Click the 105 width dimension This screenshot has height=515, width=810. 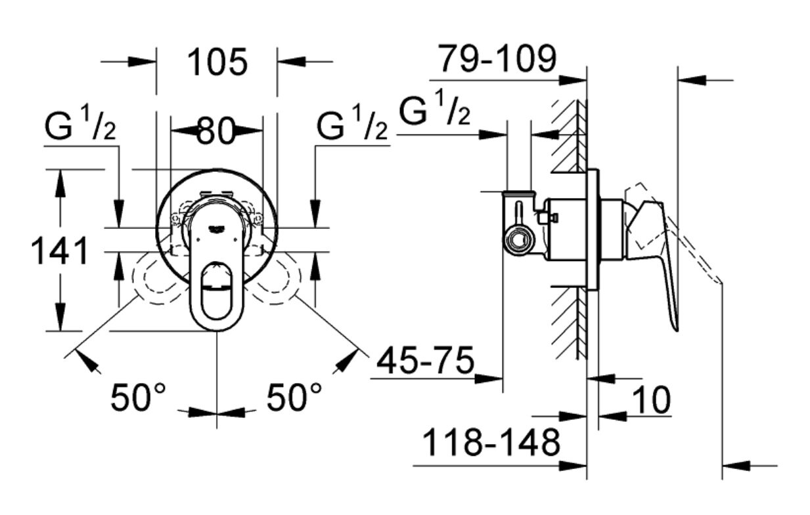tap(217, 63)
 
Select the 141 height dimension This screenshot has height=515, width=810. tap(60, 251)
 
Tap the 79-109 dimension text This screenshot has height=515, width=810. tap(497, 60)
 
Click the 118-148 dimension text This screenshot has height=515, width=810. tap(490, 443)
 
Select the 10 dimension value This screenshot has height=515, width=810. tap(651, 400)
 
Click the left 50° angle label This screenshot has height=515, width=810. tap(139, 398)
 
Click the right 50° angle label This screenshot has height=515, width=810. tap(295, 398)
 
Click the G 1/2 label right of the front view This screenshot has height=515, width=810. tap(351, 125)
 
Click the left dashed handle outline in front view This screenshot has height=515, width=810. tap(155, 282)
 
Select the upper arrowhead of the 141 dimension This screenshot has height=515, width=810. tap(60, 184)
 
